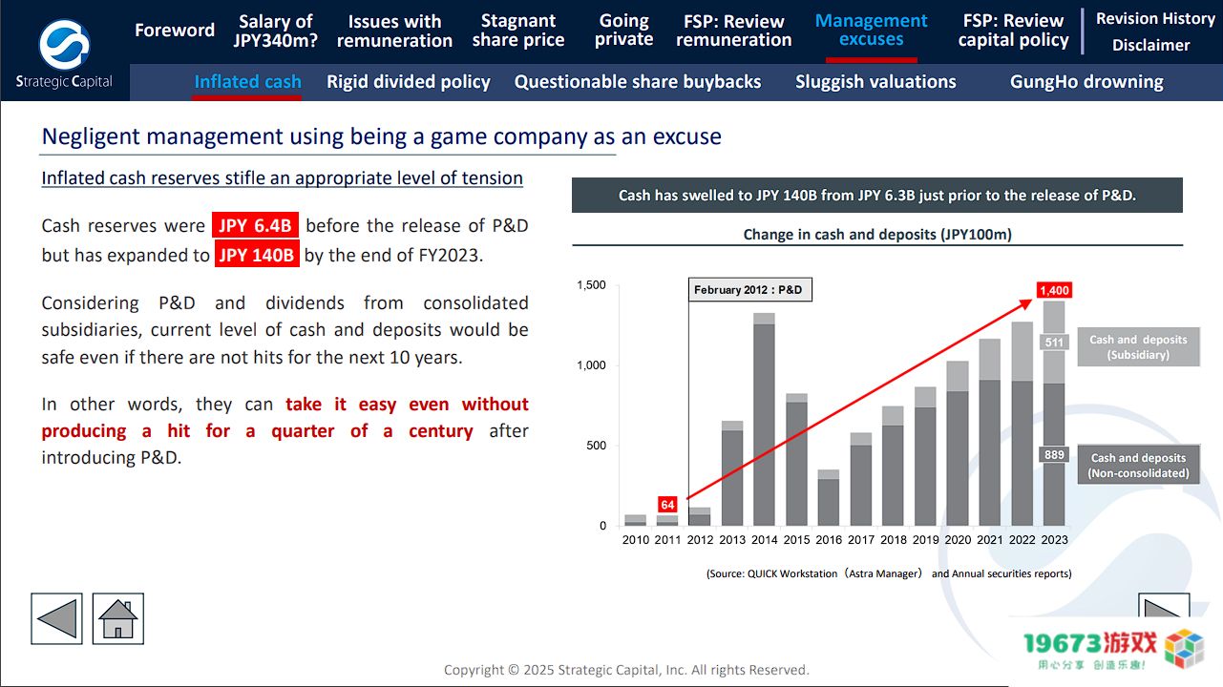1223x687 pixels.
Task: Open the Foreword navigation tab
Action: pos(175,31)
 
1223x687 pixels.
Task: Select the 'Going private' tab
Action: pos(623,31)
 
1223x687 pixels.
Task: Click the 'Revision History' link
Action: pos(1155,18)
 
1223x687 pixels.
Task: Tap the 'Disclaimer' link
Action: pos(1150,45)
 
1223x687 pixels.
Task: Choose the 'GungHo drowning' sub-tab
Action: pos(1086,82)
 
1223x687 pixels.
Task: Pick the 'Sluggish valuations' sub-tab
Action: pos(875,82)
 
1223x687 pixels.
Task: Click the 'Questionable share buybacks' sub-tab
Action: pos(638,82)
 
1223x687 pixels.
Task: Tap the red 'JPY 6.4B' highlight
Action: pos(255,226)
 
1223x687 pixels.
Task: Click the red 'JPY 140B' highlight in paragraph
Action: pos(257,255)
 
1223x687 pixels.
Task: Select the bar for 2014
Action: pos(764,420)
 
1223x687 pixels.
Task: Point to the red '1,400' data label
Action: pos(1054,290)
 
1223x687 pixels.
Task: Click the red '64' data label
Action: pos(667,504)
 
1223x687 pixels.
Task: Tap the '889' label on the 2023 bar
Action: pos(1054,455)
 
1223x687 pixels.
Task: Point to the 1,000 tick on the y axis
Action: pos(592,365)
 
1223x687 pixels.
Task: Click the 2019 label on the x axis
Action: pos(925,540)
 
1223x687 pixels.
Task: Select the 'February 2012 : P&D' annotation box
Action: pos(749,290)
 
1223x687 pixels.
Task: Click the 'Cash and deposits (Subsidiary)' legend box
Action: pos(1138,347)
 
